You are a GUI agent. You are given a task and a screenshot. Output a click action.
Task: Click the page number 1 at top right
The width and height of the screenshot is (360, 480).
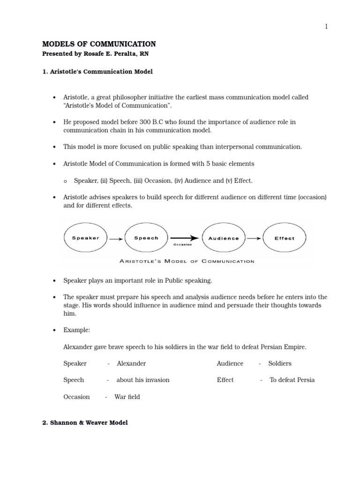[x=326, y=27]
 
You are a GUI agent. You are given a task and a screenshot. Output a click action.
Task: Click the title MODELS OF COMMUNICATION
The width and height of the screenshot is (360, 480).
[x=99, y=44]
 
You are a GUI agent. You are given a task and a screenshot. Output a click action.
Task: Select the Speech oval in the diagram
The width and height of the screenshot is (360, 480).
[x=146, y=238]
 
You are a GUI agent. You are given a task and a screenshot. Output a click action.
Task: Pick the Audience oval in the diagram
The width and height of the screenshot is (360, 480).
[x=223, y=238]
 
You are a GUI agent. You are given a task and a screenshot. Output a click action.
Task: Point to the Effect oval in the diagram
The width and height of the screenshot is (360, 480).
[x=285, y=238]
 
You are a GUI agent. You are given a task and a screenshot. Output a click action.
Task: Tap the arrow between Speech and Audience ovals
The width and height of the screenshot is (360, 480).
[x=185, y=238]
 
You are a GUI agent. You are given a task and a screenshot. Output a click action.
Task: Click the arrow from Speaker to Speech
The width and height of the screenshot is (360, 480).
[x=116, y=239]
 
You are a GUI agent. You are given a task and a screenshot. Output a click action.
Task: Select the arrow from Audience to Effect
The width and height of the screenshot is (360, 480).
[x=254, y=238]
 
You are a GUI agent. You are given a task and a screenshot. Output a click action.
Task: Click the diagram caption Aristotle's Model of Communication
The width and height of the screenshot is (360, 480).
[x=186, y=261]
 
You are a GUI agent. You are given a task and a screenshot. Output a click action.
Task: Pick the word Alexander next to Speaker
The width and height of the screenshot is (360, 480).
[x=131, y=363]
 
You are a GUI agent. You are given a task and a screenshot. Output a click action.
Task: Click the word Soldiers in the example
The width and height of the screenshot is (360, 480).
[x=280, y=363]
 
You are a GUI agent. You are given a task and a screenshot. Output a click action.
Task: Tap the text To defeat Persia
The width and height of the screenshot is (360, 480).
[x=292, y=380]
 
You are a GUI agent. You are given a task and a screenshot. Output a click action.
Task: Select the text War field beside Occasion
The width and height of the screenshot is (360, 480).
[x=127, y=397]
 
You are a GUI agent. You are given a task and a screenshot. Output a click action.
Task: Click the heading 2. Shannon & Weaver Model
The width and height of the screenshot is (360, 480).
[x=85, y=422]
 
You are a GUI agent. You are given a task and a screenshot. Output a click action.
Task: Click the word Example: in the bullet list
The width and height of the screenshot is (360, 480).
[x=77, y=330]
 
